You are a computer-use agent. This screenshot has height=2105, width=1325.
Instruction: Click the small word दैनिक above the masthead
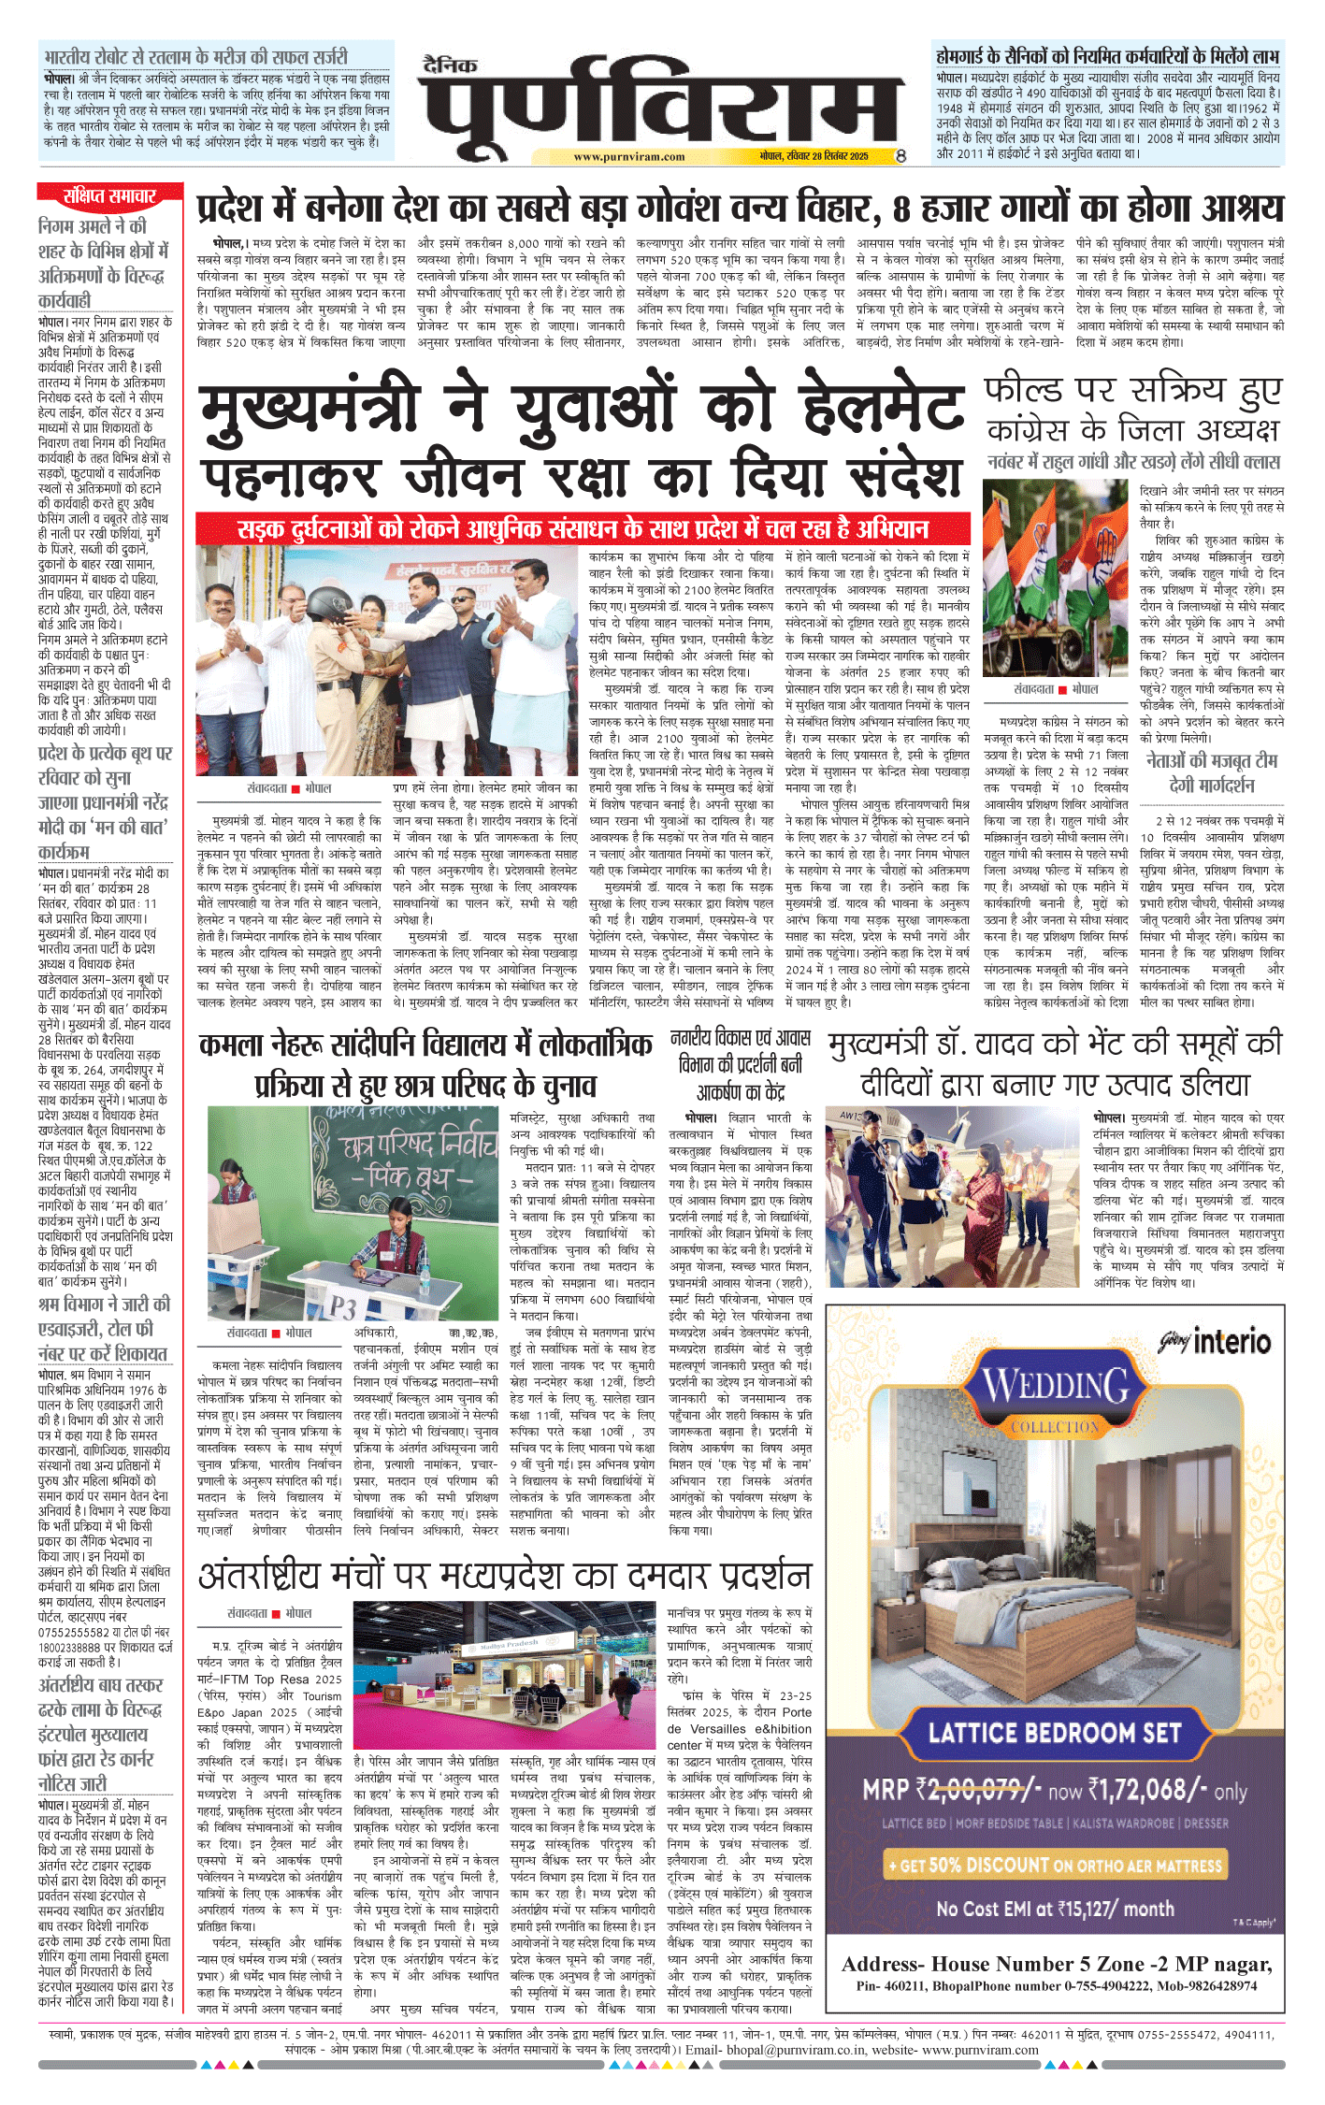pyautogui.click(x=450, y=65)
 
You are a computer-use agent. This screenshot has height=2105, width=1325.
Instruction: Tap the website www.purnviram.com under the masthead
pyautogui.click(x=628, y=157)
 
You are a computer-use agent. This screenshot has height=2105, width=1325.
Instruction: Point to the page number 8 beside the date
pyautogui.click(x=900, y=156)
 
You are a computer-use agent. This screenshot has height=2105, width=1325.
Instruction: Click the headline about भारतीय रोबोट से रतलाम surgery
pyautogui.click(x=195, y=56)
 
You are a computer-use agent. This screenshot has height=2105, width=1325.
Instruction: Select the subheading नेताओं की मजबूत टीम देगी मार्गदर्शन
pyautogui.click(x=1212, y=772)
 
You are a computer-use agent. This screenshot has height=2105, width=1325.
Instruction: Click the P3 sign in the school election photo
pyautogui.click(x=342, y=1305)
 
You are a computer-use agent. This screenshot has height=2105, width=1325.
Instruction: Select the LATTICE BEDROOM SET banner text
pyautogui.click(x=1054, y=1733)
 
